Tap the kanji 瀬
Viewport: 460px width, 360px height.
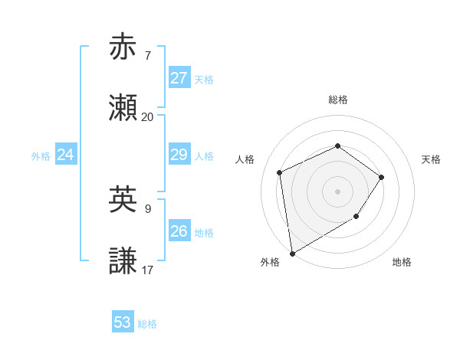click(123, 108)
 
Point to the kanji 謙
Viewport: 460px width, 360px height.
click(123, 261)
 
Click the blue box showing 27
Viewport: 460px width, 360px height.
click(179, 78)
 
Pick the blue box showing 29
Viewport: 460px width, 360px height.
click(179, 155)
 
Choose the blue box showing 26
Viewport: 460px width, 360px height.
click(179, 231)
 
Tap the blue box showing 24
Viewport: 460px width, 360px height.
click(66, 155)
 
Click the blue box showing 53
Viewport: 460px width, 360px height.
click(123, 322)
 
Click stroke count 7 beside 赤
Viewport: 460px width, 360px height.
click(148, 55)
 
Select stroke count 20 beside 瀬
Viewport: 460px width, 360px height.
click(148, 117)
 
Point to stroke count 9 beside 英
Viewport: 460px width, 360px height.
click(148, 208)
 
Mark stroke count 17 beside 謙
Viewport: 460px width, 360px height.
click(148, 270)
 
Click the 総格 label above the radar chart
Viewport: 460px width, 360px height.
click(337, 100)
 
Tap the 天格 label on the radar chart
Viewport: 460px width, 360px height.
click(432, 159)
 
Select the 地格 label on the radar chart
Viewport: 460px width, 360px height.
click(402, 262)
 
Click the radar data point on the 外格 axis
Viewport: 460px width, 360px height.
click(291, 253)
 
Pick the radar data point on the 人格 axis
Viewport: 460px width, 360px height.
click(280, 172)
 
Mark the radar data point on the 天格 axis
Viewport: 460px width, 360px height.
click(382, 177)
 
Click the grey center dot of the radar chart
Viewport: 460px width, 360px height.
click(337, 191)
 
